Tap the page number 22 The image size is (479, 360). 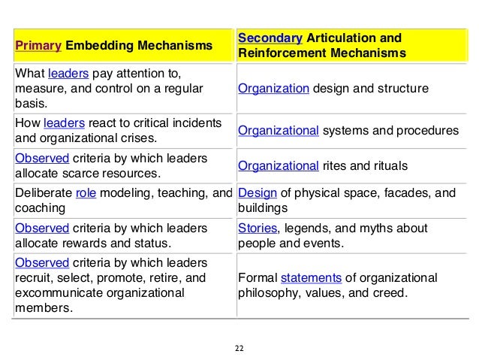(x=239, y=348)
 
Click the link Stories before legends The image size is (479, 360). (x=256, y=228)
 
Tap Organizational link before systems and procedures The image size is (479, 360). (x=279, y=130)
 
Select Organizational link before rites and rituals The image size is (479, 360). (x=279, y=165)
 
